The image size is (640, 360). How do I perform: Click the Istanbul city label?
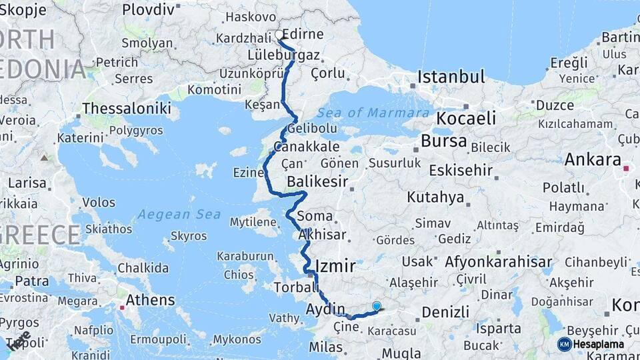pyautogui.click(x=451, y=77)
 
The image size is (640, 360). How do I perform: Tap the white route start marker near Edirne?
pyautogui.click(x=279, y=35)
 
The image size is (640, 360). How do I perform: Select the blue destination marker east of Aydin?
pyautogui.click(x=377, y=307)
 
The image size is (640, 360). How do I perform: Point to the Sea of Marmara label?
pyautogui.click(x=373, y=113)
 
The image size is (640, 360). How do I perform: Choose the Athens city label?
pyautogui.click(x=151, y=299)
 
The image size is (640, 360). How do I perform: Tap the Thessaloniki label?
pyautogui.click(x=127, y=109)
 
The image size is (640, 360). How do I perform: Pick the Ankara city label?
pyautogui.click(x=593, y=159)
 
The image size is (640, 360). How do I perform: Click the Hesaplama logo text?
pyautogui.click(x=600, y=344)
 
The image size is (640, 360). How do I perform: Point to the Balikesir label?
pyautogui.click(x=319, y=181)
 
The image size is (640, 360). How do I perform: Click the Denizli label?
pyautogui.click(x=445, y=311)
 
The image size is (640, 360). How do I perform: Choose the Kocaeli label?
pyautogui.click(x=466, y=119)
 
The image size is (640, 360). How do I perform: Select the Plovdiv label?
pyautogui.click(x=148, y=10)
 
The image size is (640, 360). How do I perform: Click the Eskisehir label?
pyautogui.click(x=460, y=170)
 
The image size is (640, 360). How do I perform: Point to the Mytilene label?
pyautogui.click(x=253, y=221)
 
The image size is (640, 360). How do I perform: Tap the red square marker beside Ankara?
pyautogui.click(x=626, y=169)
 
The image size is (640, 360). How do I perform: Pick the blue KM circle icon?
pyautogui.click(x=564, y=344)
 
